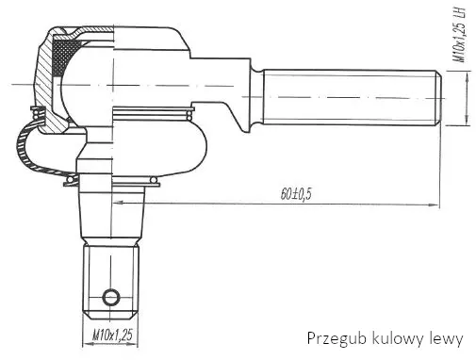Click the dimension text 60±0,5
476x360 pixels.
(296, 194)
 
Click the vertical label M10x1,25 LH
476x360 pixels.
(459, 35)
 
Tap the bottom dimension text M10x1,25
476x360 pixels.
(112, 335)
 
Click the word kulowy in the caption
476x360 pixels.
(398, 339)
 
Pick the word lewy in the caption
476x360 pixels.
(446, 339)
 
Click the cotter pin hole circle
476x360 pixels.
(111, 297)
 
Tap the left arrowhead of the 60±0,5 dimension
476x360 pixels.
(119, 203)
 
